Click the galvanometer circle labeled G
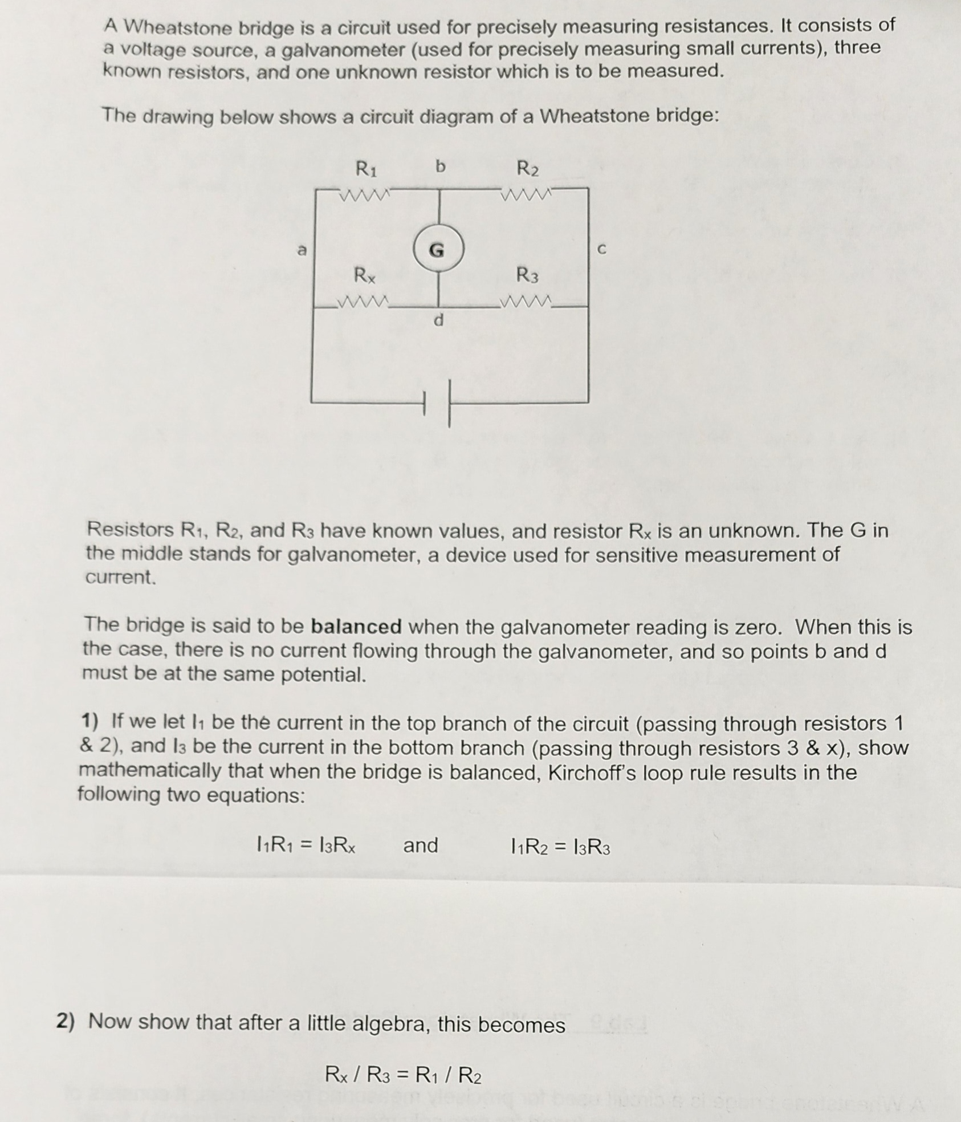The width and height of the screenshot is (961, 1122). pos(438,249)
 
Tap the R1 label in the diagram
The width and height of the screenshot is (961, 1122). pos(366,169)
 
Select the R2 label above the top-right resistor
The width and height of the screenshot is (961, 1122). pos(527,169)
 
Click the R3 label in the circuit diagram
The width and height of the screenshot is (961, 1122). pos(527,275)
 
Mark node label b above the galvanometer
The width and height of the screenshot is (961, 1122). pos(439,166)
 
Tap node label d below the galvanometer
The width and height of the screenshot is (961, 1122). pos(438,320)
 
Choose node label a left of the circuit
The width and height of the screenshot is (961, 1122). pos(302,250)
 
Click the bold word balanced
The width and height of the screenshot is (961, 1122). pos(356,627)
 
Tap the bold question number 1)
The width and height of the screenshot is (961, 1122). pos(89,722)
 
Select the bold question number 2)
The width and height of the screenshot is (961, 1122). pos(66,1021)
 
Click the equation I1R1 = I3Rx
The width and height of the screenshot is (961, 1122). pos(307,845)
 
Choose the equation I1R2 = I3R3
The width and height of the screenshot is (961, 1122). pos(561,848)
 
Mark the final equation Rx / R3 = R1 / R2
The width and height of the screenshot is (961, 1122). pos(403,1075)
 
